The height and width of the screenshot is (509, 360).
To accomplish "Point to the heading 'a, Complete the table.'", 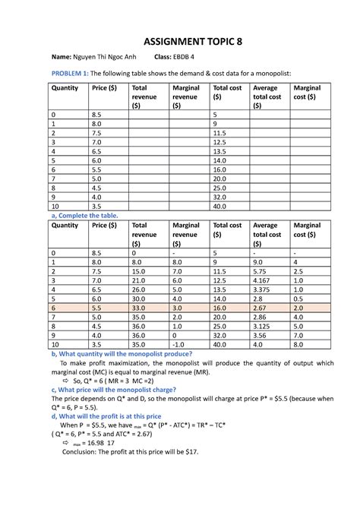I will pyautogui.click(x=84, y=216).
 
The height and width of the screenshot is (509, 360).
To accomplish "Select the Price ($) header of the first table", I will pyautogui.click(x=105, y=88).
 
